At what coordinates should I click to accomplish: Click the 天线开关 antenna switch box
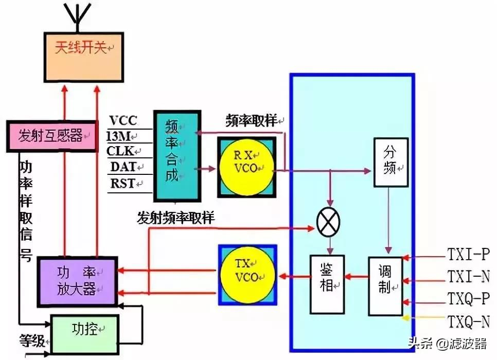(x=84, y=58)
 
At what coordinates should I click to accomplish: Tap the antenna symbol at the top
(x=78, y=16)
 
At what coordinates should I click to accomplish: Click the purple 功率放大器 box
(x=78, y=281)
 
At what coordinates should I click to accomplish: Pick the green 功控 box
(x=85, y=334)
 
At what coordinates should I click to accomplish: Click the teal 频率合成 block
(x=177, y=156)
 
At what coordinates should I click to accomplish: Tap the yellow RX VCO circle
(x=246, y=167)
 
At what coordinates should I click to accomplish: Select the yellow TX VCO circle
(x=248, y=275)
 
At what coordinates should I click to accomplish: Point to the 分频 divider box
(x=391, y=162)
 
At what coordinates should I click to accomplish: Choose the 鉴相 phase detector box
(x=327, y=284)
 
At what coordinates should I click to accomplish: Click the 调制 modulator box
(x=385, y=286)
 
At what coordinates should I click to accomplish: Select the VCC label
(x=123, y=120)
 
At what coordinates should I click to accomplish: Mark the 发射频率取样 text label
(x=176, y=218)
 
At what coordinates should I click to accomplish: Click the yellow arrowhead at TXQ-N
(x=405, y=317)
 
